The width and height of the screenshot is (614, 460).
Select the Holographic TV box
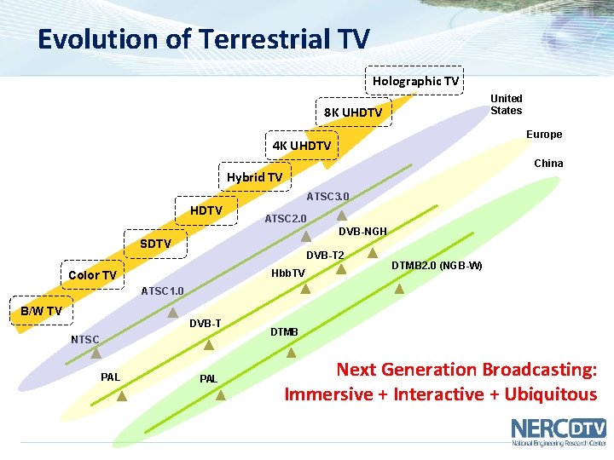click(x=415, y=81)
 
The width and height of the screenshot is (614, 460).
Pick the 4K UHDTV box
click(x=302, y=146)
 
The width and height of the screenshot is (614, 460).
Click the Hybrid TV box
click(x=254, y=177)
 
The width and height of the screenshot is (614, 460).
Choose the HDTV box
click(x=206, y=210)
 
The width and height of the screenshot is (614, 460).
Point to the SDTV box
click(x=156, y=244)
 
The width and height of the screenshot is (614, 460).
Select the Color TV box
click(x=92, y=275)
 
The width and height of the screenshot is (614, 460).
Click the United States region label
click(x=506, y=104)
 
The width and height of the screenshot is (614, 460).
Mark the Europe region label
click(x=543, y=135)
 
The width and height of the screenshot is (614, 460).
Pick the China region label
click(x=548, y=163)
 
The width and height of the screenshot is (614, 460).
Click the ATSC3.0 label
click(x=327, y=197)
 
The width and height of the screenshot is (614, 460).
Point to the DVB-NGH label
click(x=362, y=232)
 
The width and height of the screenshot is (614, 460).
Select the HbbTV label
click(x=287, y=273)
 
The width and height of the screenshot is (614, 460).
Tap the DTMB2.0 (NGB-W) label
click(x=437, y=266)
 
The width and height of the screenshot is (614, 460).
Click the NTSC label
click(x=84, y=340)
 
